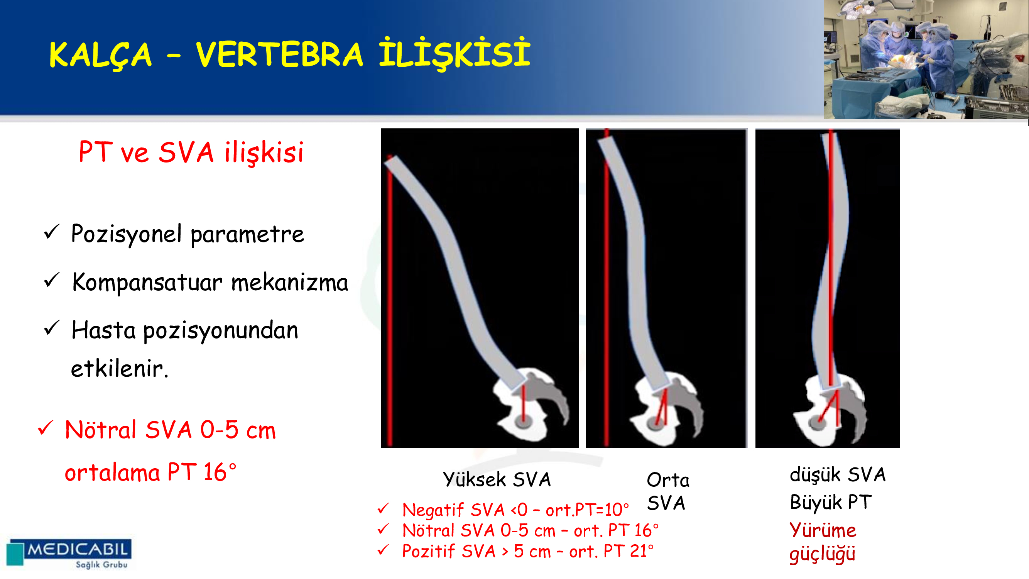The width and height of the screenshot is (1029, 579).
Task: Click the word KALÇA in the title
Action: pyautogui.click(x=100, y=55)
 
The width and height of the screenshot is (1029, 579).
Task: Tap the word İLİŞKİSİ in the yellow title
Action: pyautogui.click(x=455, y=53)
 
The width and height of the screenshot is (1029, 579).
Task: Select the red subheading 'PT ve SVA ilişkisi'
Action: pyautogui.click(x=191, y=152)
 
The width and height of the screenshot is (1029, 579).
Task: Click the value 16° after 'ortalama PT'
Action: pyautogui.click(x=220, y=472)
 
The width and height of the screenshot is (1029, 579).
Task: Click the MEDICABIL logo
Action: pyautogui.click(x=69, y=554)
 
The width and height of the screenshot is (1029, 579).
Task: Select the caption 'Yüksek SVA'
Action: pyautogui.click(x=497, y=479)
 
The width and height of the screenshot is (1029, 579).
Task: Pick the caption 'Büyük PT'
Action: pyautogui.click(x=830, y=503)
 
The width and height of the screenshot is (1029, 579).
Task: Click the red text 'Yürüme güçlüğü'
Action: pyautogui.click(x=823, y=542)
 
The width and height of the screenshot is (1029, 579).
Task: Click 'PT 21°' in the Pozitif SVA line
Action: pyautogui.click(x=629, y=552)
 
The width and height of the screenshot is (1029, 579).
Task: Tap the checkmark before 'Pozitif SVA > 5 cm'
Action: pyautogui.click(x=383, y=550)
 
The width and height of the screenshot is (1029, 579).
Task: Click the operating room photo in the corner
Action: pyautogui.click(x=926, y=59)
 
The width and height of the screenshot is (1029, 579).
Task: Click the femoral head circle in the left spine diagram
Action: pyautogui.click(x=522, y=420)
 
